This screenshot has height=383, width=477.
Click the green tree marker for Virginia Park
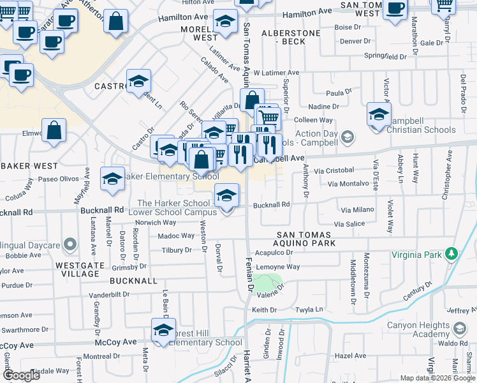coord(451,254)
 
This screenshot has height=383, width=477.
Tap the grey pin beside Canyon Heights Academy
coord(459,330)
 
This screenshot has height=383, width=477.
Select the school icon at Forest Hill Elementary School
coord(163,331)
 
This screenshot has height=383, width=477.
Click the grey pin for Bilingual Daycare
coord(70,245)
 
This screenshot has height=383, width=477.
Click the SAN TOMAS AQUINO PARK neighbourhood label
coord(305,239)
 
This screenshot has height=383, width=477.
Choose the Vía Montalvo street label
coord(349,183)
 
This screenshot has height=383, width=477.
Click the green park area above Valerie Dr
coord(267,281)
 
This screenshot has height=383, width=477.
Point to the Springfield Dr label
coord(385,56)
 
